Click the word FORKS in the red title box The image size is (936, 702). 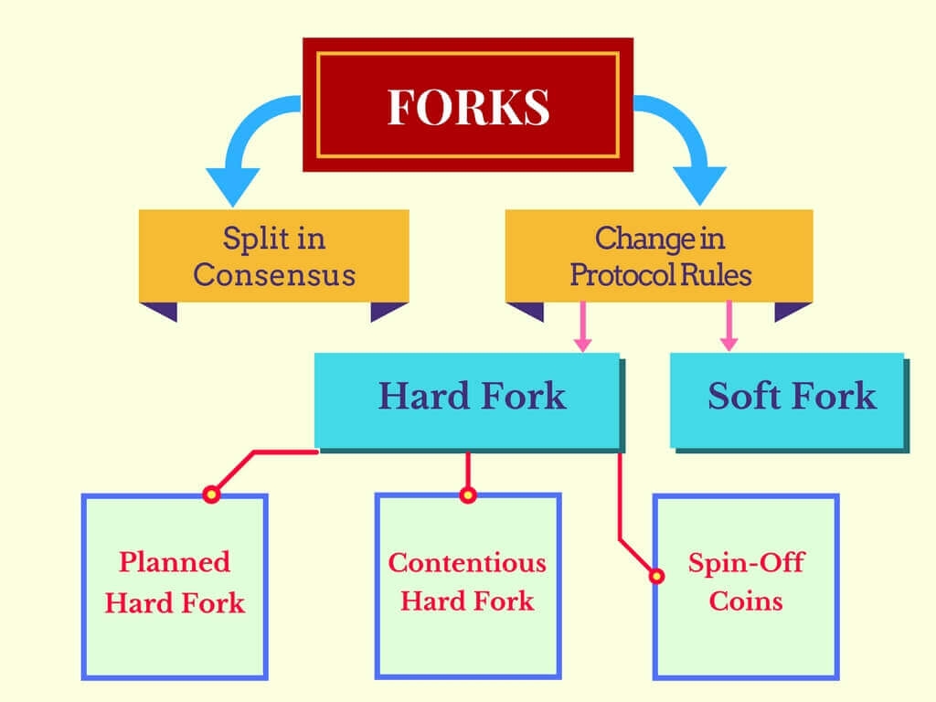(469, 107)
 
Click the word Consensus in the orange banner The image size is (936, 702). (274, 274)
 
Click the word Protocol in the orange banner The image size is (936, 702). (622, 275)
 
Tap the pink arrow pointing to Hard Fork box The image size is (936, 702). (582, 326)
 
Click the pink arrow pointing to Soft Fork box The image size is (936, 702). (729, 326)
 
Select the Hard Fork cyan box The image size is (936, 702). (469, 401)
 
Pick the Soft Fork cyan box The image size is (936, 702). (789, 402)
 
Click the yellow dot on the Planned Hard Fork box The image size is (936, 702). (211, 495)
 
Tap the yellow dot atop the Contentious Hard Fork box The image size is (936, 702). (468, 495)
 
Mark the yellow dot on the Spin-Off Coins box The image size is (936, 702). (656, 576)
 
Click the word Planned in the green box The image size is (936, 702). (175, 562)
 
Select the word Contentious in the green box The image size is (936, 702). (467, 563)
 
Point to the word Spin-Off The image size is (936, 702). (747, 563)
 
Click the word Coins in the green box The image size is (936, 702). (746, 601)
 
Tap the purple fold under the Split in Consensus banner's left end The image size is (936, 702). (159, 312)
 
